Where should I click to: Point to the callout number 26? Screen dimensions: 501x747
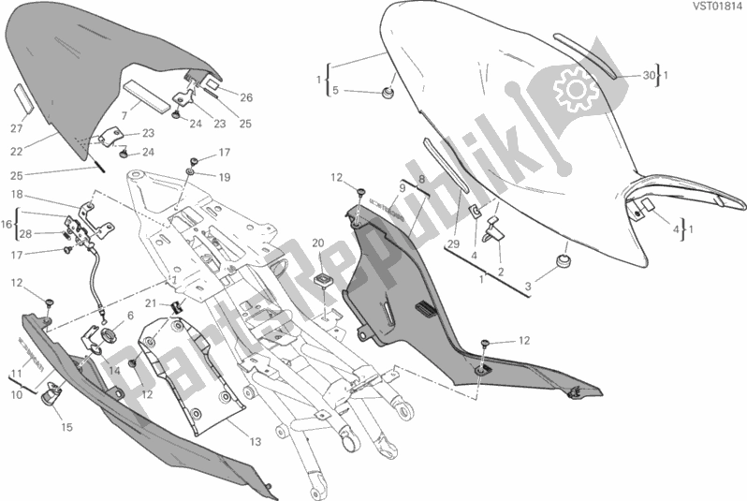[246, 97]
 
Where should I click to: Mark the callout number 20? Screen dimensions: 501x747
[317, 244]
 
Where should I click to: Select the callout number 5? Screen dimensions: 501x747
[335, 91]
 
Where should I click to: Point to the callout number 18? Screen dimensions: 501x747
[17, 194]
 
